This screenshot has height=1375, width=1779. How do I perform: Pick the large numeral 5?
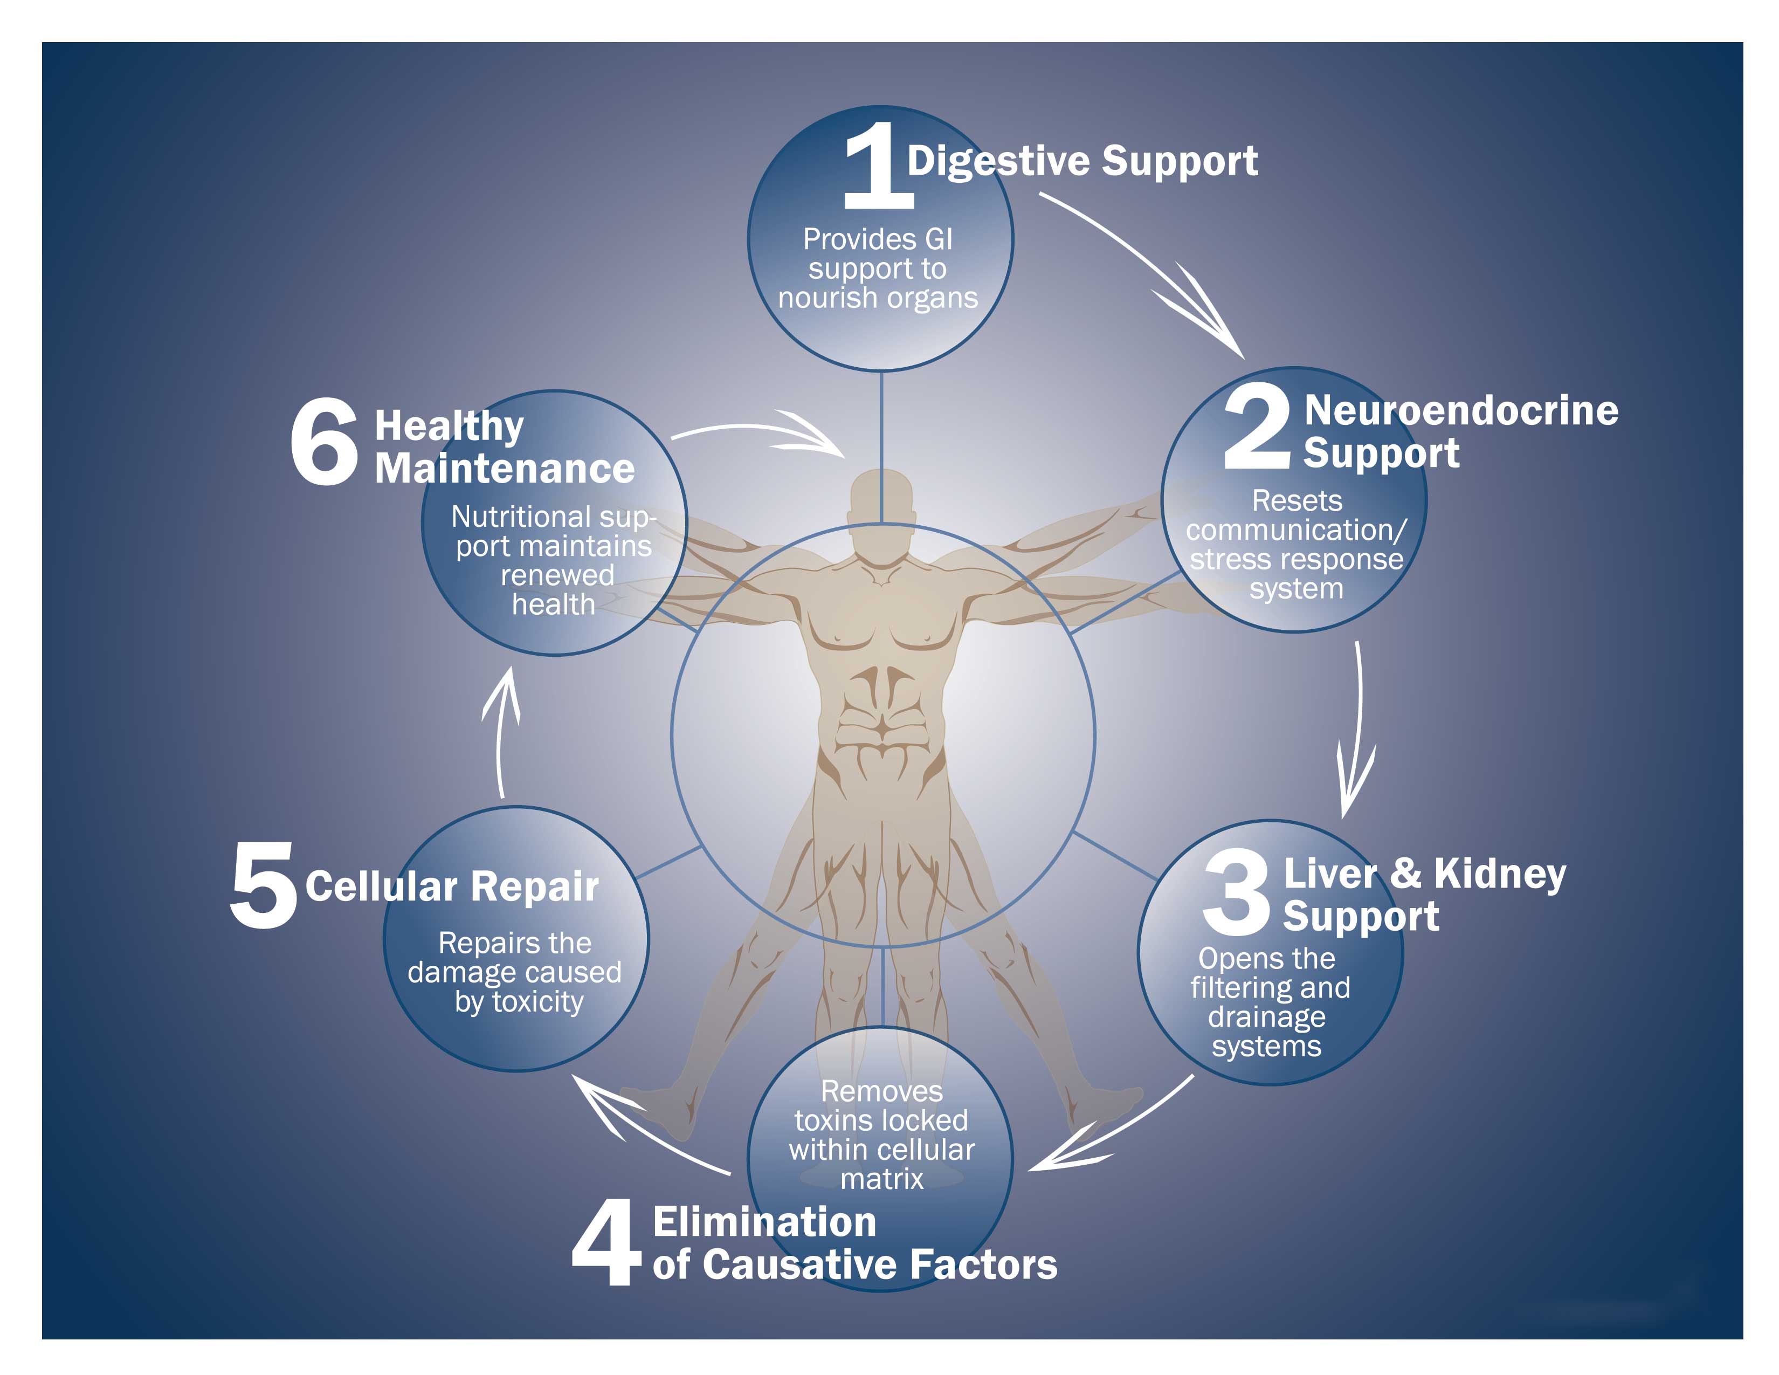[263, 885]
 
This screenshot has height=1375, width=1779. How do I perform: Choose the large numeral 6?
[324, 442]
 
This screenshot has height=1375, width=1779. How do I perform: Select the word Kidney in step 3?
[1500, 875]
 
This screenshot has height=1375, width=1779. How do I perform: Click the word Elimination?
[765, 1222]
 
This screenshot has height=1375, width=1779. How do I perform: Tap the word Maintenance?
[504, 469]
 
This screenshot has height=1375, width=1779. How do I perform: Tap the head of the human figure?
[881, 497]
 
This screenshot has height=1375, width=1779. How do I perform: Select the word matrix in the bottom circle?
[882, 1179]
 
